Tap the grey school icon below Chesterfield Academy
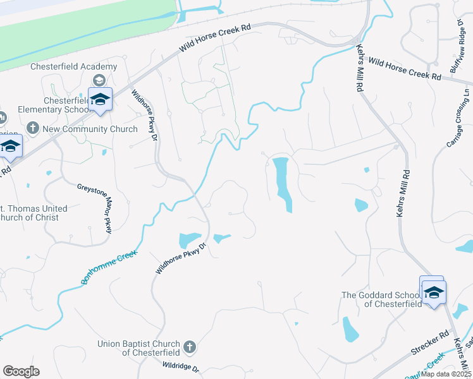(99, 80)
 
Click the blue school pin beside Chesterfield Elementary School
(100, 100)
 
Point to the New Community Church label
(90, 129)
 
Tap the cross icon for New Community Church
(34, 129)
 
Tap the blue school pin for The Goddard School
(434, 292)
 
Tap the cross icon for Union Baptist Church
(190, 347)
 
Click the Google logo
(21, 371)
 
